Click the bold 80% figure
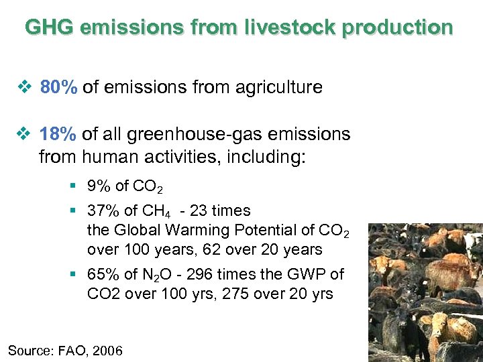60,87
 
